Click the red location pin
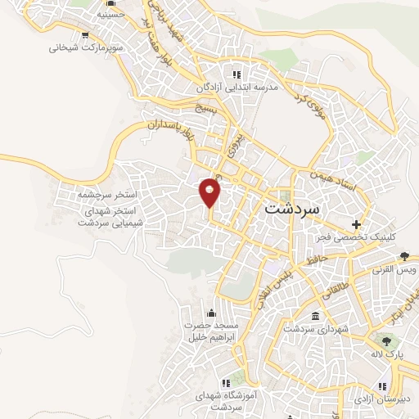[210, 191]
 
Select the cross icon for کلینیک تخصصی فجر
[355, 223]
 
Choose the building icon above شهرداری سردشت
[315, 317]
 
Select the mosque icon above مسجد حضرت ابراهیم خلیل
[213, 312]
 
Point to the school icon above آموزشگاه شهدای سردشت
[226, 382]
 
